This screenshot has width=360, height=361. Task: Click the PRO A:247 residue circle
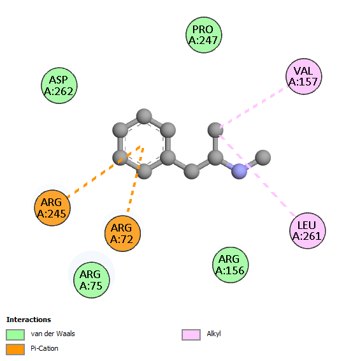tap(204, 35)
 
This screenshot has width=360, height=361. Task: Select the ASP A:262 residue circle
tap(59, 85)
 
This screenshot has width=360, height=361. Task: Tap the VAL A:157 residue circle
tap(304, 77)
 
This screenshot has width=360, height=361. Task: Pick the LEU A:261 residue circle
tap(307, 231)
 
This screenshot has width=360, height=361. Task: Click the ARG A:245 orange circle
tap(52, 208)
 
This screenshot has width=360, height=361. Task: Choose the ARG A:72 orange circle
tap(122, 233)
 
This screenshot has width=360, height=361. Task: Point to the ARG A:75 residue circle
tap(91, 280)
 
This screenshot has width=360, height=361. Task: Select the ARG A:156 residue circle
tap(230, 265)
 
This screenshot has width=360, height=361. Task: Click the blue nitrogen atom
tap(239, 172)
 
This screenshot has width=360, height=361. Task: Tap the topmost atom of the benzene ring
tap(144, 116)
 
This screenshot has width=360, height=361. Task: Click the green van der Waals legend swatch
tap(15, 334)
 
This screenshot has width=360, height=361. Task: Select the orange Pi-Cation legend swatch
tap(15, 350)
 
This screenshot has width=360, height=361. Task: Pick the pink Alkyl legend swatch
tap(191, 334)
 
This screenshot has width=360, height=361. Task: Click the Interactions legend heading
tap(29, 320)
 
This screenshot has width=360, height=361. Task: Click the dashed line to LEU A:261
tap(257, 175)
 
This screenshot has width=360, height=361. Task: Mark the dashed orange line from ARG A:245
tap(104, 172)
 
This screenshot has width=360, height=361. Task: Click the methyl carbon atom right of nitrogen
tap(263, 158)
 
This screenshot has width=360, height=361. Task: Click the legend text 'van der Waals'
tap(53, 334)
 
